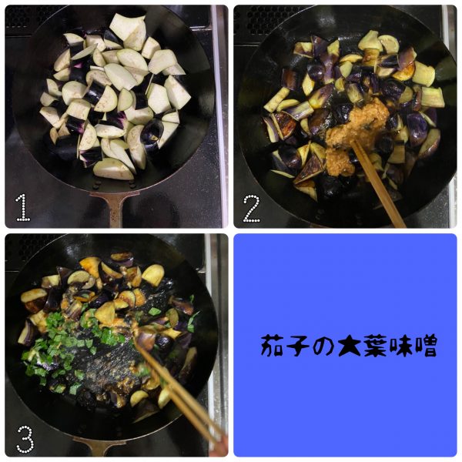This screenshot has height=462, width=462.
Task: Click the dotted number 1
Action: [23, 208]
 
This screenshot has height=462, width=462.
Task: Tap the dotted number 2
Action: [252, 209]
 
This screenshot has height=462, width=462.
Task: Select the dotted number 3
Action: [25, 440]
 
